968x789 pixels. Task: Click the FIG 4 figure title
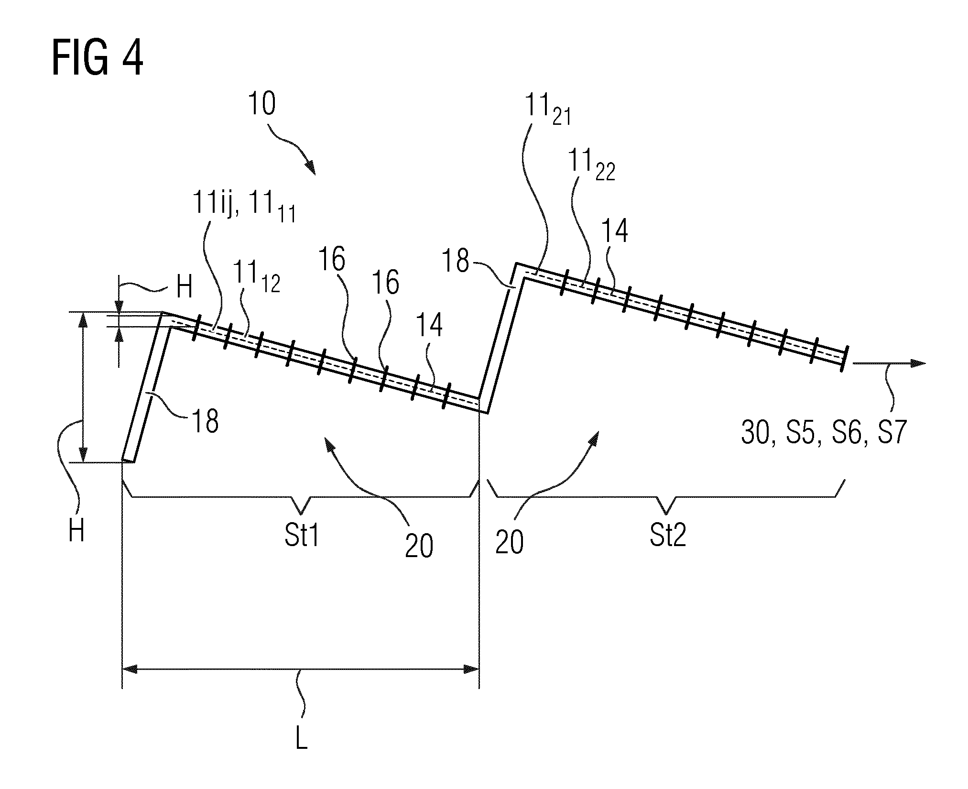coord(98,59)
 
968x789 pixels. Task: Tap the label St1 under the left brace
coord(302,536)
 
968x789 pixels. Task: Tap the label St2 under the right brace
coord(668,536)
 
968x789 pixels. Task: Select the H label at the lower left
coord(76,531)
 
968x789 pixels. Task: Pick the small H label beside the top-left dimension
coord(185,288)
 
